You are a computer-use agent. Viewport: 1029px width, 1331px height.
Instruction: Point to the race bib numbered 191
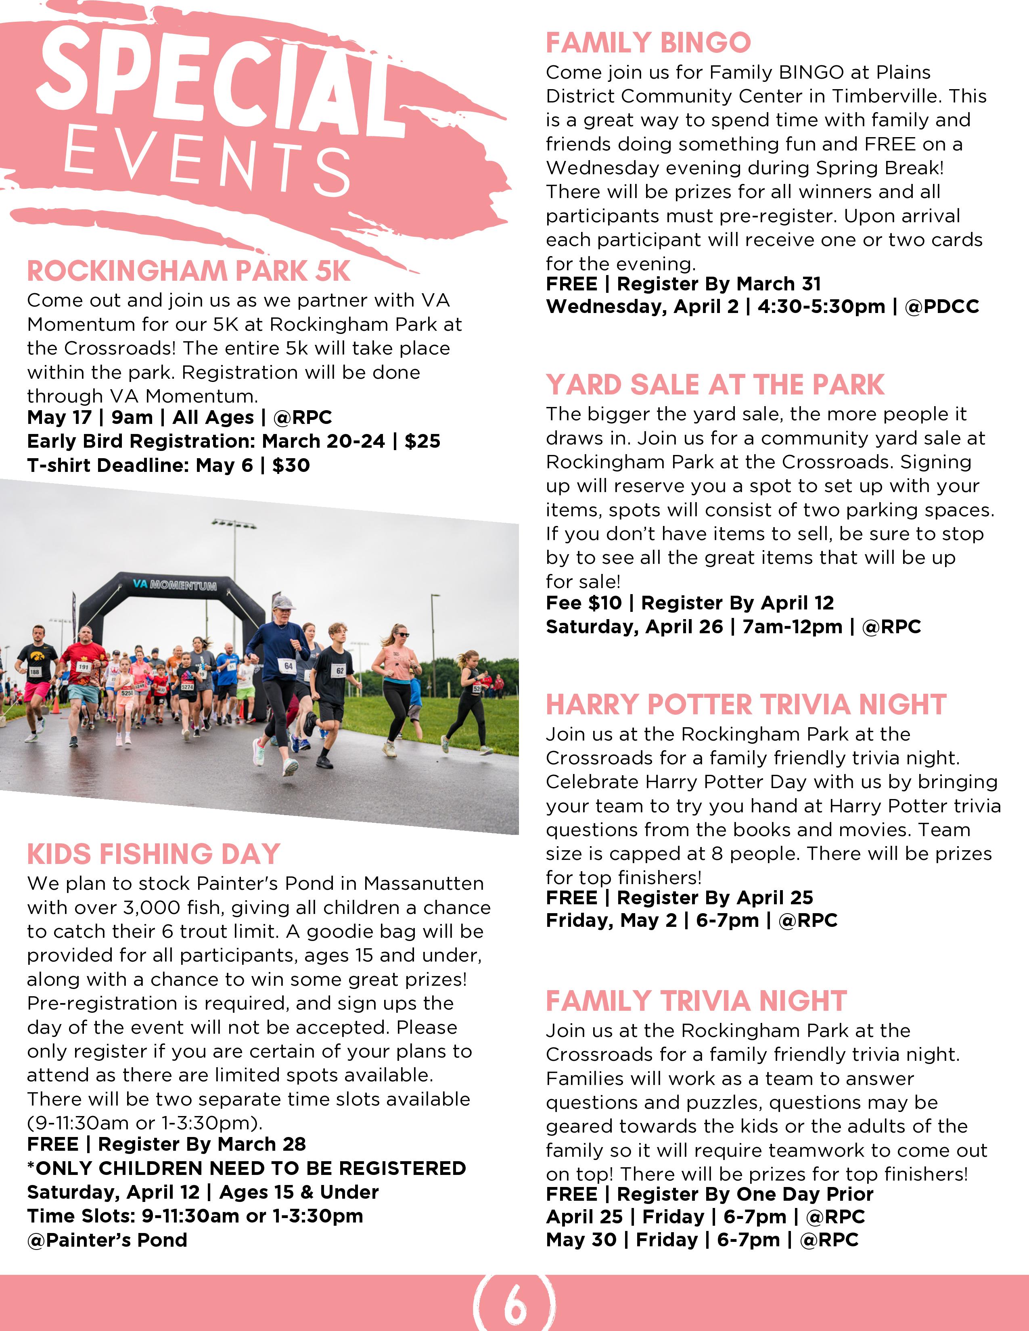click(x=83, y=667)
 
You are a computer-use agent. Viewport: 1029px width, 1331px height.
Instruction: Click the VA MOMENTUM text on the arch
click(x=175, y=584)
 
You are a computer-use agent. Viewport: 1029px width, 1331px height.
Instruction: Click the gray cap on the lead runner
click(x=282, y=602)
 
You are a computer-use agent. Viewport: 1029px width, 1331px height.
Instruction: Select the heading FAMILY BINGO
click(x=648, y=43)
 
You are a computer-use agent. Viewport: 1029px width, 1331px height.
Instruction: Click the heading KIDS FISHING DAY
click(x=154, y=854)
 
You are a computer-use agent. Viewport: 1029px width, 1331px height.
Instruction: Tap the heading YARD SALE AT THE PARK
click(x=714, y=384)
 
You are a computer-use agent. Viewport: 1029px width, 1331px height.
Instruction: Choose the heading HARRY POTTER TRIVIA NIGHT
click(x=746, y=705)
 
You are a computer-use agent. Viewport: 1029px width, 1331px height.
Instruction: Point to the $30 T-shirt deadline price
click(x=291, y=465)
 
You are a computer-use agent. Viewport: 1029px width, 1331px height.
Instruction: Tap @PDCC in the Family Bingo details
click(x=942, y=307)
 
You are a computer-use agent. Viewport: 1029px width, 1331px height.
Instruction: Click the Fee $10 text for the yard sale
click(x=584, y=603)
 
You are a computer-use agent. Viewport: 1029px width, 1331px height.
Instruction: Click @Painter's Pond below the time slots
click(x=107, y=1239)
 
